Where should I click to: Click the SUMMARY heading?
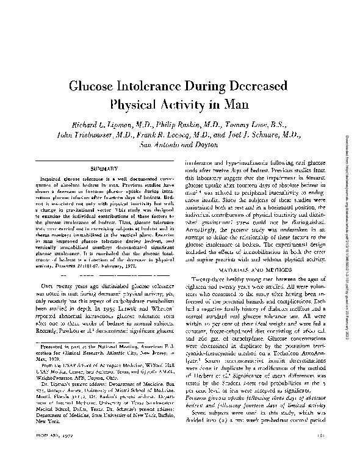point(101,166)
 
